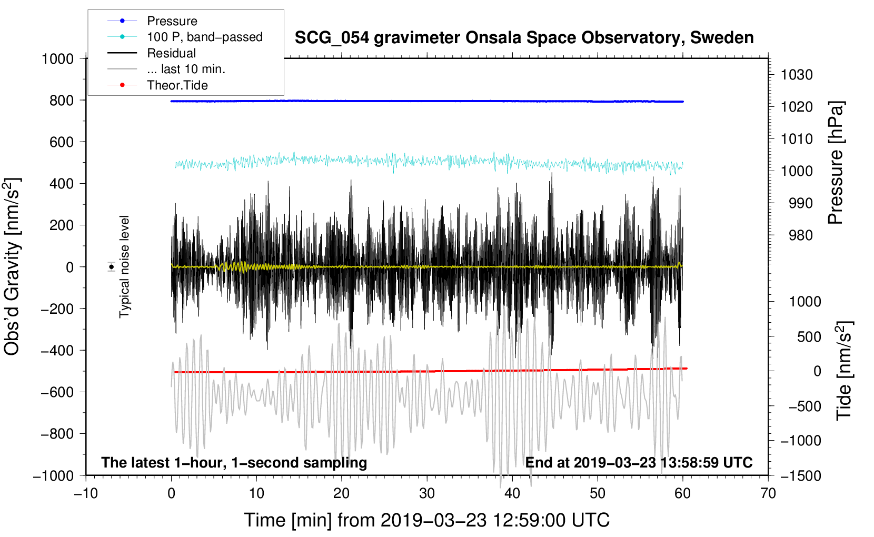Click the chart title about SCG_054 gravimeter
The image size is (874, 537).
pos(524,38)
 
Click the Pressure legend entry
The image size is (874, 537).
pos(172,21)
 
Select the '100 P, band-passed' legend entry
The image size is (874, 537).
pos(204,37)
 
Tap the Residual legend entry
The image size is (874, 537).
pos(171,53)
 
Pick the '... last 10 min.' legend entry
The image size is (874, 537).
pos(186,69)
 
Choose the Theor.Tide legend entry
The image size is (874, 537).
pos(177,85)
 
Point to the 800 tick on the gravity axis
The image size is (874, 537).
pos(62,101)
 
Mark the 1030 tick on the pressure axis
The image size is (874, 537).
pos(797,75)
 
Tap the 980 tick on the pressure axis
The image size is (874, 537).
pos(801,235)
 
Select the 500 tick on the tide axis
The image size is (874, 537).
pos(809,336)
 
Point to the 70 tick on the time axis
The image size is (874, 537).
pos(768,493)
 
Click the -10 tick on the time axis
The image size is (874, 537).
pos(86,493)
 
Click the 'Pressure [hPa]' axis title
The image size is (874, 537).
pos(836,163)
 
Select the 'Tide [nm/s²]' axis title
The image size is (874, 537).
pos(844,371)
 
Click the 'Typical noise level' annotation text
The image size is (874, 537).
pos(124,267)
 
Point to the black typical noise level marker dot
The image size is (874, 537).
pos(112,267)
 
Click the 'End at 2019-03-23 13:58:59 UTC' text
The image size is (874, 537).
pos(639,462)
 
